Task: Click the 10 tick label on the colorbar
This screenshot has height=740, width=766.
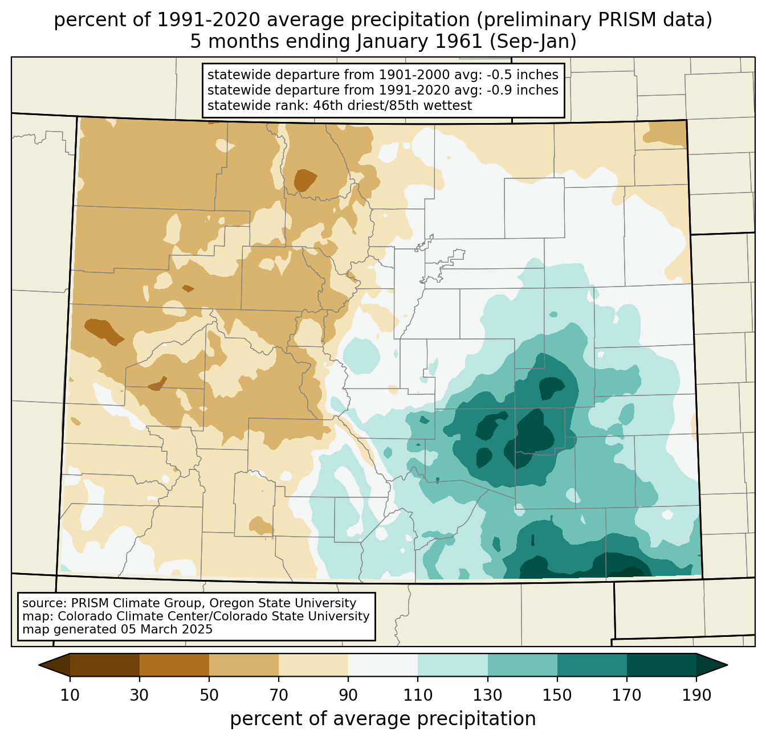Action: (70, 695)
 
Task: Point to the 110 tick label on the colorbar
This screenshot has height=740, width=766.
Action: (418, 695)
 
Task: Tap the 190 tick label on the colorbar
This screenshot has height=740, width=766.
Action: (696, 695)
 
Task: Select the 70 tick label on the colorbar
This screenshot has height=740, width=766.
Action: (278, 695)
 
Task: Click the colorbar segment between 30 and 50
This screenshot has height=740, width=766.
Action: (174, 665)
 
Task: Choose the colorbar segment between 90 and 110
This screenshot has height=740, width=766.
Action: (382, 665)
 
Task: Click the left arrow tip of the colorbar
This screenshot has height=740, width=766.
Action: (39, 665)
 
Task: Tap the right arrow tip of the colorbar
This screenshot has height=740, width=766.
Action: (727, 665)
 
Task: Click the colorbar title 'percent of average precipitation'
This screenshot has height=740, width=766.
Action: (382, 719)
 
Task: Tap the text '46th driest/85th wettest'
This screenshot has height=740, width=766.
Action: (392, 106)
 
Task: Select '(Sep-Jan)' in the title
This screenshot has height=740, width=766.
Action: (533, 42)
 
